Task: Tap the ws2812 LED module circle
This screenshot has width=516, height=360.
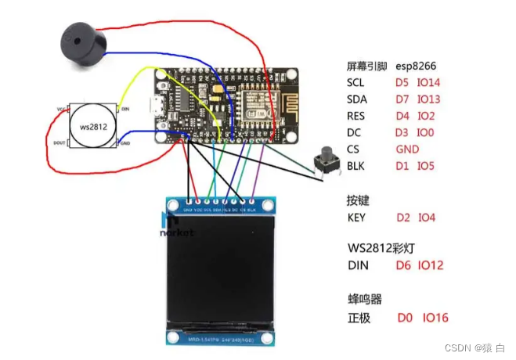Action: [93, 125]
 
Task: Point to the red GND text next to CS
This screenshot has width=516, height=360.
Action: [407, 149]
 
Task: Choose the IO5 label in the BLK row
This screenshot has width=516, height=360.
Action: [426, 166]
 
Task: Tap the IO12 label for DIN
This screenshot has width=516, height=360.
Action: [430, 265]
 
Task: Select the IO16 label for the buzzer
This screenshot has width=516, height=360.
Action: [435, 318]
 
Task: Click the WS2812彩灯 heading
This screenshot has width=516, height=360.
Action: [384, 248]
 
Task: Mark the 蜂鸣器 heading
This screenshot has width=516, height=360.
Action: [364, 299]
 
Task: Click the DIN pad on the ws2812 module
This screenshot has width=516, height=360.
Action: [125, 110]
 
